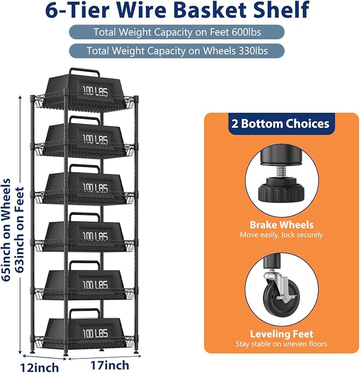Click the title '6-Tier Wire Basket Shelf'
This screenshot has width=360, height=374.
(x=177, y=10)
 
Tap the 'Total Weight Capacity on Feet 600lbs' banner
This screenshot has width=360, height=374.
(x=177, y=32)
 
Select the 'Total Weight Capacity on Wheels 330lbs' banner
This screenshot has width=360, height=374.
(x=177, y=51)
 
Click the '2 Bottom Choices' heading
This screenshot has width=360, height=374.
(x=280, y=124)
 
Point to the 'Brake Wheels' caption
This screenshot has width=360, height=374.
(x=282, y=225)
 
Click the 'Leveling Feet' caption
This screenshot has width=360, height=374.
(x=282, y=334)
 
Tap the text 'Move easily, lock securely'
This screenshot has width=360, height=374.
(x=282, y=235)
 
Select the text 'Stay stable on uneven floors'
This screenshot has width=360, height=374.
(x=282, y=344)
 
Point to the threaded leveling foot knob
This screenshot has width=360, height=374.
(x=281, y=192)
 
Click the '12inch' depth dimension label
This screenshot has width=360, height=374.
(x=39, y=368)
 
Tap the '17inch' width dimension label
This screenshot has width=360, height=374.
(x=110, y=365)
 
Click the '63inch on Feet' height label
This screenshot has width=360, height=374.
(x=20, y=230)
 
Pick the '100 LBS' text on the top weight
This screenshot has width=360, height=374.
(x=95, y=91)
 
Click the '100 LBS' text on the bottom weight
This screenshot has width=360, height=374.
(x=95, y=333)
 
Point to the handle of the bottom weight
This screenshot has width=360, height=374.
(x=84, y=310)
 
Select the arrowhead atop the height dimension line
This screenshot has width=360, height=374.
(x=20, y=98)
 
